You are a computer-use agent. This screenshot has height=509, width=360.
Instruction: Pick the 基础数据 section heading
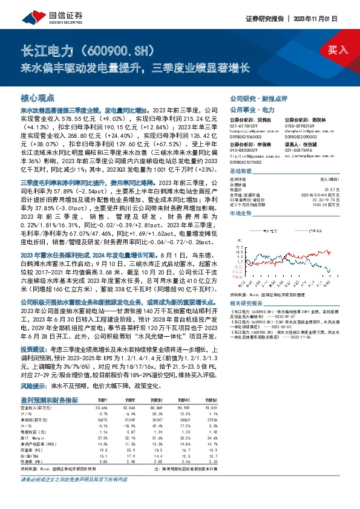(241, 171)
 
